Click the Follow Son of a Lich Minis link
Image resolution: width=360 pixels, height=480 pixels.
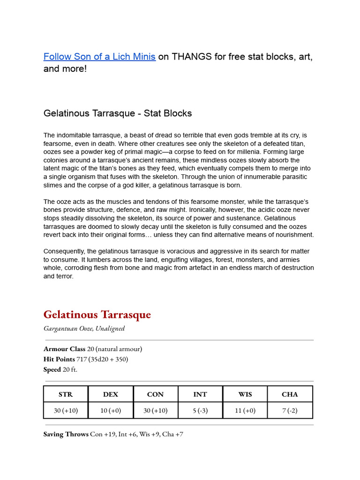pos(99,57)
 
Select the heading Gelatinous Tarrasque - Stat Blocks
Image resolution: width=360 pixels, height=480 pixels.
pos(118,113)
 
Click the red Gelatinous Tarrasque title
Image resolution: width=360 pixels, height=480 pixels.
pos(97,315)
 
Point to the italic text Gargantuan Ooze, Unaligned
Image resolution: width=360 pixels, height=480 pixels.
pos(84,328)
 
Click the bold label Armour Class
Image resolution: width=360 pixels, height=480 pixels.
pos(64,349)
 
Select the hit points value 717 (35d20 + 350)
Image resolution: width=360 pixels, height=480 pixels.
pos(102,359)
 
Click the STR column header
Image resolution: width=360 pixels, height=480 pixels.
pos(66,394)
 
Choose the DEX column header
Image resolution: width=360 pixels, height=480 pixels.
pos(111,394)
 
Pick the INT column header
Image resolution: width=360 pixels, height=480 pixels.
pos(200,394)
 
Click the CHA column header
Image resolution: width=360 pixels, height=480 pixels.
pos(290,394)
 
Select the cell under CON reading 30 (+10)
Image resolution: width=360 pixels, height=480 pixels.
pos(155,411)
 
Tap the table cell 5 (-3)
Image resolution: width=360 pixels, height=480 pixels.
pos(200,411)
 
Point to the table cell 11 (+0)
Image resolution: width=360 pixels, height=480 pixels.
pos(245,411)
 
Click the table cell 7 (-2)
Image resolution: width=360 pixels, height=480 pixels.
pos(290,411)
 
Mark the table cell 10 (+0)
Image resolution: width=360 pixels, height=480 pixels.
pos(111,411)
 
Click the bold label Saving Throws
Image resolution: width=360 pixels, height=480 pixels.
pos(66,435)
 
